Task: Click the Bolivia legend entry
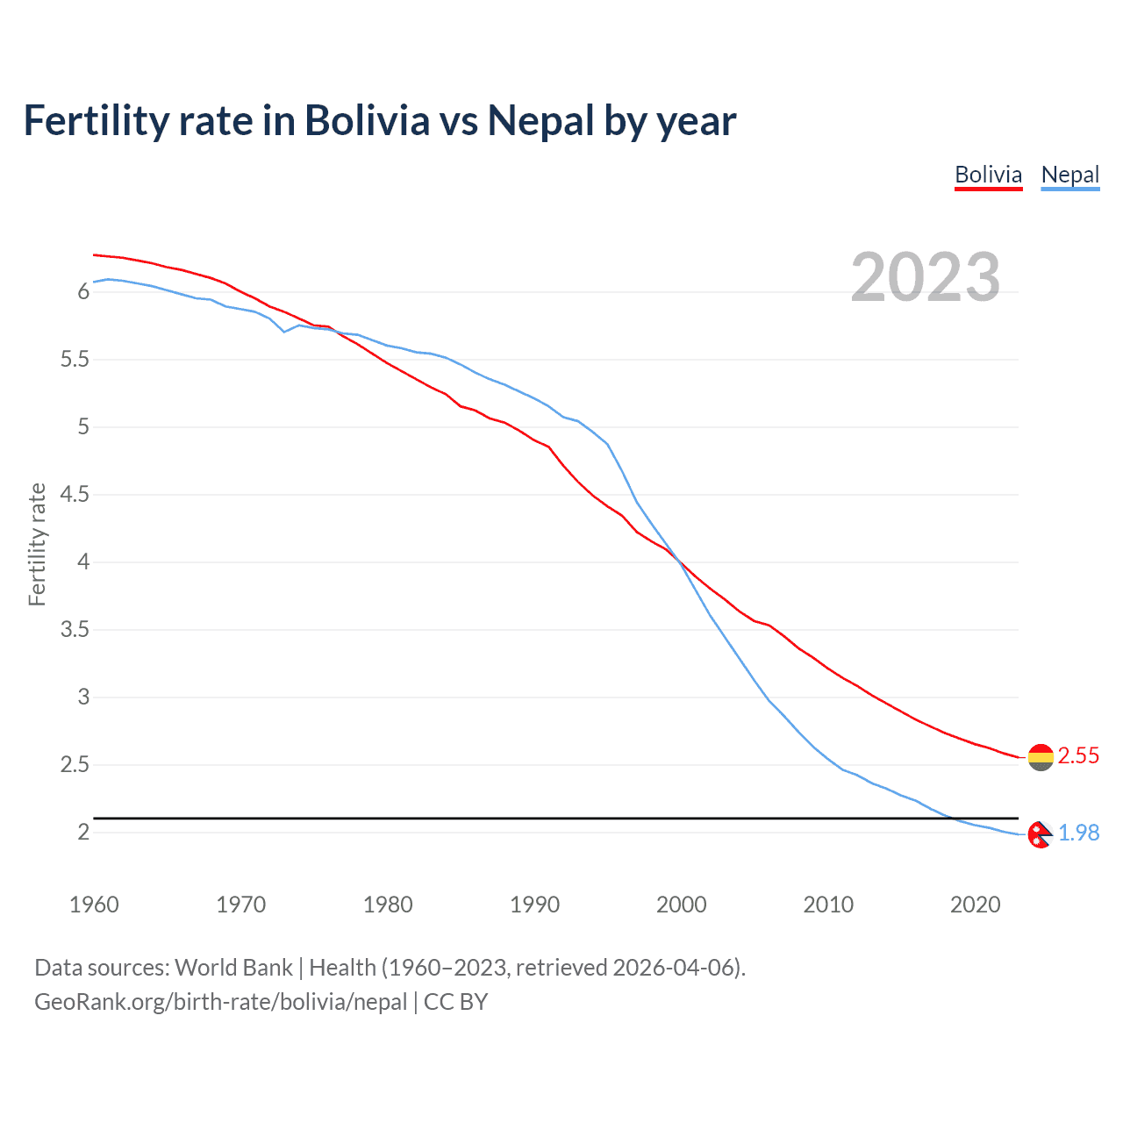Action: click(x=988, y=175)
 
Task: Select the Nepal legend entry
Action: click(x=1069, y=175)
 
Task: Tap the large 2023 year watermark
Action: click(x=925, y=276)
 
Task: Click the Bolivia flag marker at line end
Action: click(x=1041, y=756)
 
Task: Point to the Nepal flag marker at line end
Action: click(x=1040, y=834)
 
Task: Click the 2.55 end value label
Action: click(x=1078, y=755)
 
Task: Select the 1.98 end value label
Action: click(x=1078, y=833)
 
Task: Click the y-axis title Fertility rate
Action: click(x=37, y=544)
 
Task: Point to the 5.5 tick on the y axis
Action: click(x=75, y=360)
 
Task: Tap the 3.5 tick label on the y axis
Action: click(x=75, y=630)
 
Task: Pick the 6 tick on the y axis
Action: click(x=84, y=291)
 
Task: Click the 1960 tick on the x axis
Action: click(x=94, y=905)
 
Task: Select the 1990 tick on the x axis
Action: click(x=534, y=905)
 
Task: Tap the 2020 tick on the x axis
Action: click(x=975, y=905)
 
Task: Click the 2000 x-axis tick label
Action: click(x=681, y=905)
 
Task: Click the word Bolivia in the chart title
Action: click(x=367, y=120)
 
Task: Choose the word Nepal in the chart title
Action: click(x=540, y=120)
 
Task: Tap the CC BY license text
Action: click(x=455, y=1001)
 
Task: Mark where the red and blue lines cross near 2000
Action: click(x=678, y=560)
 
